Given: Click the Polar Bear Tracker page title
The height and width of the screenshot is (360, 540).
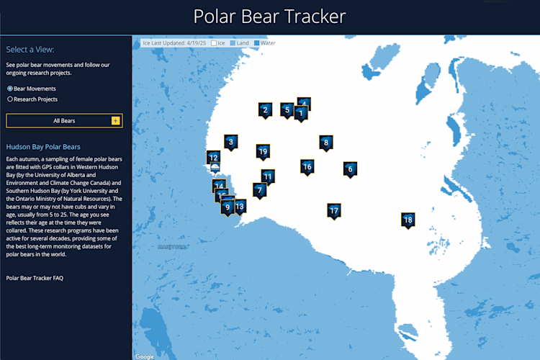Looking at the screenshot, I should [270, 17].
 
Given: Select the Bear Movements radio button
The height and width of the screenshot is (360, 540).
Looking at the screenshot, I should [10, 88].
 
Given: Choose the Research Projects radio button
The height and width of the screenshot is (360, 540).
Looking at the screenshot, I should [10, 99].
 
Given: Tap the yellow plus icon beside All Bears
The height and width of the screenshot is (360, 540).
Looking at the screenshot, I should [115, 121].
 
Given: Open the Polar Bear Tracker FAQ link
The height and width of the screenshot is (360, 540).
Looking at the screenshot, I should [35, 277].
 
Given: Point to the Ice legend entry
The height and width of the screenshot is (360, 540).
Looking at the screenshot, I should [218, 43].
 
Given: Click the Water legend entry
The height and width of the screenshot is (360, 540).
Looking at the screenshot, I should [264, 43].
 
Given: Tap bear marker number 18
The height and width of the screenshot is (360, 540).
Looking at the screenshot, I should [408, 220].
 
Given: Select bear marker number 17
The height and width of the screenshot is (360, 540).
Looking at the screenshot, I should [333, 210].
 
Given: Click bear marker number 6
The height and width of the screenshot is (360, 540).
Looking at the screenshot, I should [350, 169].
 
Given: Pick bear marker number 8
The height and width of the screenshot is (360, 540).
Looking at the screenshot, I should [325, 143].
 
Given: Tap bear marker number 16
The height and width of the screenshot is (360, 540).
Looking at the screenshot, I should [307, 166].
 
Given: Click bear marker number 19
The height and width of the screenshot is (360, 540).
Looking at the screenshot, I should [263, 151].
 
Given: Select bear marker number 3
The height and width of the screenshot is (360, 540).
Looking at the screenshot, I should [230, 142].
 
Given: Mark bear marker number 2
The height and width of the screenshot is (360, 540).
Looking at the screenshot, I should [265, 110].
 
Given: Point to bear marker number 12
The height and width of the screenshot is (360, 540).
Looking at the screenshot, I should [213, 157].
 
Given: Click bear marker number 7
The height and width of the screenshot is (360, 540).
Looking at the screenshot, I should [259, 190].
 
